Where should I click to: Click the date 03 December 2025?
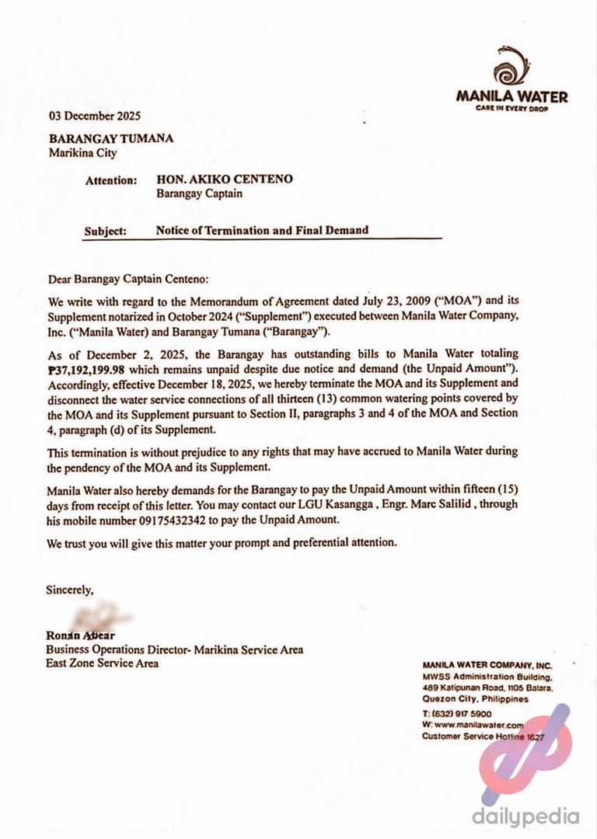pos(95,117)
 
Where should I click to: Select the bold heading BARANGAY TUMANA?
pos(111,139)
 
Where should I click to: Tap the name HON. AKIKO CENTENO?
pos(225,179)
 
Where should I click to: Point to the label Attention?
pos(111,180)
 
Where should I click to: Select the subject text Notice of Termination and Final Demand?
pos(262,230)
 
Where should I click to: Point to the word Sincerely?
pos(70,590)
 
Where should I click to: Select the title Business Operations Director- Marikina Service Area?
pos(174,649)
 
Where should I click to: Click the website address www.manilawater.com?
pos(473,724)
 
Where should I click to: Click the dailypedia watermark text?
pos(525,816)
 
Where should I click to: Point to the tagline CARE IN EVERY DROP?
pos(511,108)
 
